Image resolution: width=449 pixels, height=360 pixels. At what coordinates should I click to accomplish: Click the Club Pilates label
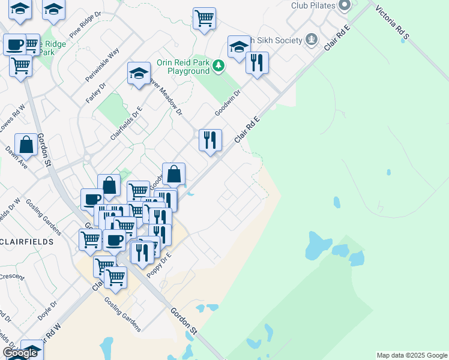pos(312,5)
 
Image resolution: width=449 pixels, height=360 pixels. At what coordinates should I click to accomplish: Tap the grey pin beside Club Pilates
pos(344,5)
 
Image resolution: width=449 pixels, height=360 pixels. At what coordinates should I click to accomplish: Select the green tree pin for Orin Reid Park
pos(218,65)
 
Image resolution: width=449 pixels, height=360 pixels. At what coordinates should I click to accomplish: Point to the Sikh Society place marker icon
pos(311,40)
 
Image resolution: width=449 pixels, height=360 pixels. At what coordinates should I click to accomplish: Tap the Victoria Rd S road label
pos(392,24)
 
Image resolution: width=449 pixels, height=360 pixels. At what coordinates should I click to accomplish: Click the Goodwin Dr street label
pos(228,103)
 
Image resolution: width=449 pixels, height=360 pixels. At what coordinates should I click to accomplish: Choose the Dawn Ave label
pos(16,157)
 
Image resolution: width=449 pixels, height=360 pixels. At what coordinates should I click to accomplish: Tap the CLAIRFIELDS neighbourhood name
pos(27,242)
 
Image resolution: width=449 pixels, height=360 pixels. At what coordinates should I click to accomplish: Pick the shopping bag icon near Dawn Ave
pos(26,145)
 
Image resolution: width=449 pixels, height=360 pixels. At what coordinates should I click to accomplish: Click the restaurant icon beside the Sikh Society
pos(257,62)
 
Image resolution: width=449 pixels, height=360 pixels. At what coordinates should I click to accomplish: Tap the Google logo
pos(20,353)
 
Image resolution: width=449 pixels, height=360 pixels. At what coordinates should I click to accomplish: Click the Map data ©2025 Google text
pos(411,355)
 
